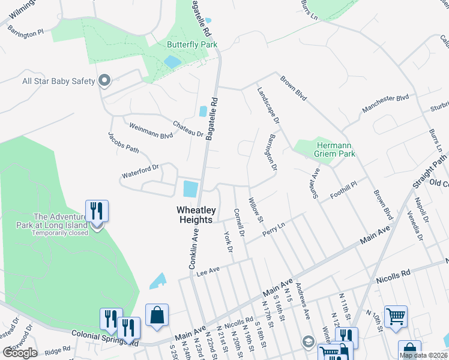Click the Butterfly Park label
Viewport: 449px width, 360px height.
[x=191, y=45]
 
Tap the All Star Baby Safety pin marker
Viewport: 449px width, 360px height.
[x=105, y=81]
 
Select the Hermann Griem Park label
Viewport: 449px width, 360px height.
[x=334, y=149]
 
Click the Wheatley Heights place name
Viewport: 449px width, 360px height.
[x=194, y=215]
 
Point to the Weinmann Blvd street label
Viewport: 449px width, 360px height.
[x=151, y=130]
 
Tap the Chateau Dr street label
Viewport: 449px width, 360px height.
[x=188, y=128]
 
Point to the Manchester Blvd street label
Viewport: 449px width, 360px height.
[x=385, y=104]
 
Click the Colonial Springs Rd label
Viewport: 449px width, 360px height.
[x=105, y=338]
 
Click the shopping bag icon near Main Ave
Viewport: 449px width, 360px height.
[x=157, y=315]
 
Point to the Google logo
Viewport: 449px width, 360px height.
[x=20, y=352]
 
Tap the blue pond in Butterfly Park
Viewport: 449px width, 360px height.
[x=172, y=61]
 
